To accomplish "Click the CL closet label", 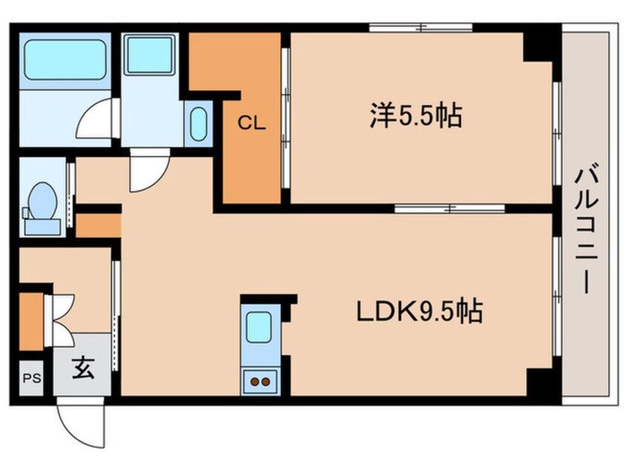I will tap(251, 124).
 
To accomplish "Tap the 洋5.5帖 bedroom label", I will tap(416, 116).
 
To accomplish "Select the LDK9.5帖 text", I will tap(419, 311).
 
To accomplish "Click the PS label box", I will tap(30, 377).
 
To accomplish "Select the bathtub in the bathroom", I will tap(66, 60).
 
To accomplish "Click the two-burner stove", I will tap(260, 382).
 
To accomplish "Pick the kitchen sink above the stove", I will tap(259, 327).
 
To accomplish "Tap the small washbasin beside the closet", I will tap(198, 125).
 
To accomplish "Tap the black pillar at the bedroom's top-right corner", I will tap(540, 46).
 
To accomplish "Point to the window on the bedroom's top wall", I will tap(421, 28).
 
